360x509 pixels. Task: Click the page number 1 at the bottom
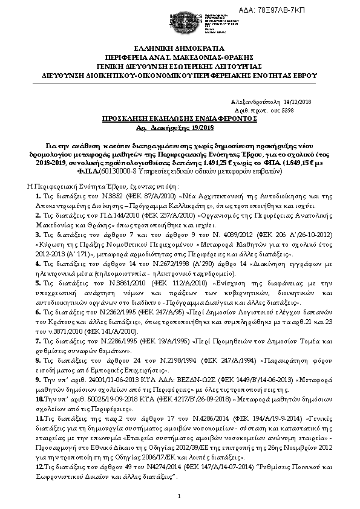tap(180, 496)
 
